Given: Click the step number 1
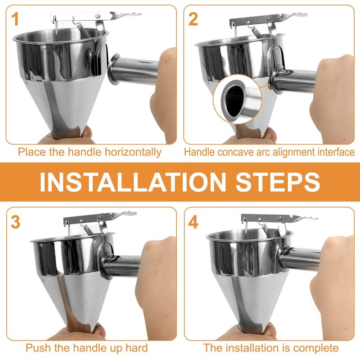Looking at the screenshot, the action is click(15, 19).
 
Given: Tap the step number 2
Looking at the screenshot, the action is click(193, 19).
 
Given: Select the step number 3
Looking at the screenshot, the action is click(15, 222).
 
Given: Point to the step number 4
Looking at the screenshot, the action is click(193, 222).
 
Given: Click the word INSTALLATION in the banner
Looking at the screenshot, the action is click(133, 182).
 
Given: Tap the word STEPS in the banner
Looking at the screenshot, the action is click(278, 182).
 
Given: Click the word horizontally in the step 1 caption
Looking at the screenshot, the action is click(133, 153).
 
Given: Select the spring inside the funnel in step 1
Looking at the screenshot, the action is click(83, 31).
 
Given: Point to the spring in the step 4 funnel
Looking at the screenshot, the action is click(267, 231).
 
